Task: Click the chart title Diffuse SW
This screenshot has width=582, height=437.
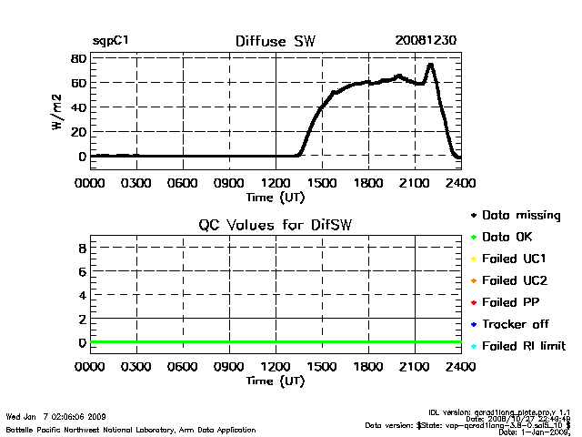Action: point(275,41)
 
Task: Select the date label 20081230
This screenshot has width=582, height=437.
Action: point(426,41)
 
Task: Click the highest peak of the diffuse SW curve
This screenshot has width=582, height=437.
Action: point(430,65)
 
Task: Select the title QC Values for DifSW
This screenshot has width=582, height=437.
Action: point(275,225)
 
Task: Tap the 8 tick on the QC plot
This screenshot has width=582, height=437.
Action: point(81,248)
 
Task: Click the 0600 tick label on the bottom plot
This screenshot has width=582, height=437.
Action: point(183,367)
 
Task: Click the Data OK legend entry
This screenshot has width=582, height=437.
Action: point(508,237)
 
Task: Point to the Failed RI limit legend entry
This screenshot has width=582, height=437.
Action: point(523,346)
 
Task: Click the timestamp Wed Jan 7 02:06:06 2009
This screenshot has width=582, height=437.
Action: point(56,416)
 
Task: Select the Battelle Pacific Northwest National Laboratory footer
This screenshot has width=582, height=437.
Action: point(131,429)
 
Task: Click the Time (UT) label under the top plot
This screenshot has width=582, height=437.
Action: point(275,196)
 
